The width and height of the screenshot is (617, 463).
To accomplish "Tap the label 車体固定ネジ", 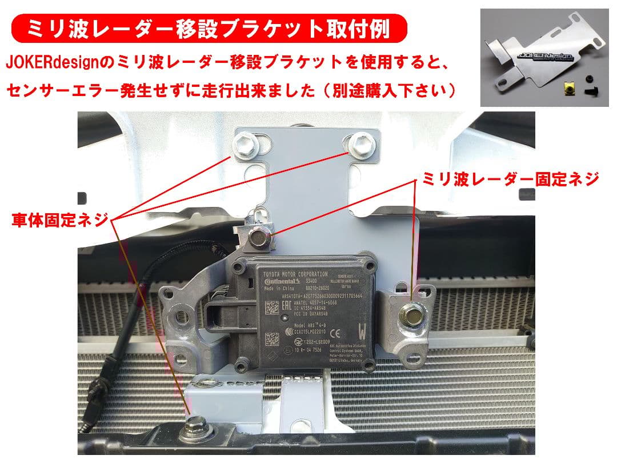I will coord(59,221).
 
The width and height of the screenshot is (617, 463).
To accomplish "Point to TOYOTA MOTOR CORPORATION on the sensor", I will coord(295,274).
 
